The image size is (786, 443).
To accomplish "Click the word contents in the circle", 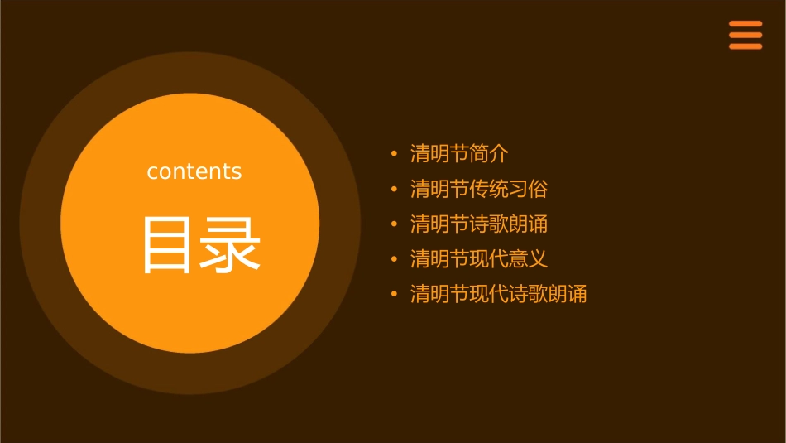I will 194,171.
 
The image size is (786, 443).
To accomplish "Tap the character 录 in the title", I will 231,245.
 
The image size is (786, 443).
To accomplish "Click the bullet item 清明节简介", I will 459,154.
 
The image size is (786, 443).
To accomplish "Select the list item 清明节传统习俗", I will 479,189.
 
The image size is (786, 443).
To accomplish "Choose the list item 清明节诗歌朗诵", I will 479,224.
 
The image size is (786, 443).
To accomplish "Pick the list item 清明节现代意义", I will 479,259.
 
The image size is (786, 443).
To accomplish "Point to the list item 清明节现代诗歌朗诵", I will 498,294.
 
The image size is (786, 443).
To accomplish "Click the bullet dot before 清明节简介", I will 395,154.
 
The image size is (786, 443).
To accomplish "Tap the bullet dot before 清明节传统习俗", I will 395,190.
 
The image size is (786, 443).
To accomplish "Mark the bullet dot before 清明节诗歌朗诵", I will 395,224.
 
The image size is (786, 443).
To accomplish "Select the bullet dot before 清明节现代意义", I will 395,259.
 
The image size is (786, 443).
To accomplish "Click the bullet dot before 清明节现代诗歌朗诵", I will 395,295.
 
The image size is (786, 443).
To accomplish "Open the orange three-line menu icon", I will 745,35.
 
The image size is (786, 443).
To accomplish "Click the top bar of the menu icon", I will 745,24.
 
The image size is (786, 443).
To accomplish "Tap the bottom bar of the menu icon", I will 745,46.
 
